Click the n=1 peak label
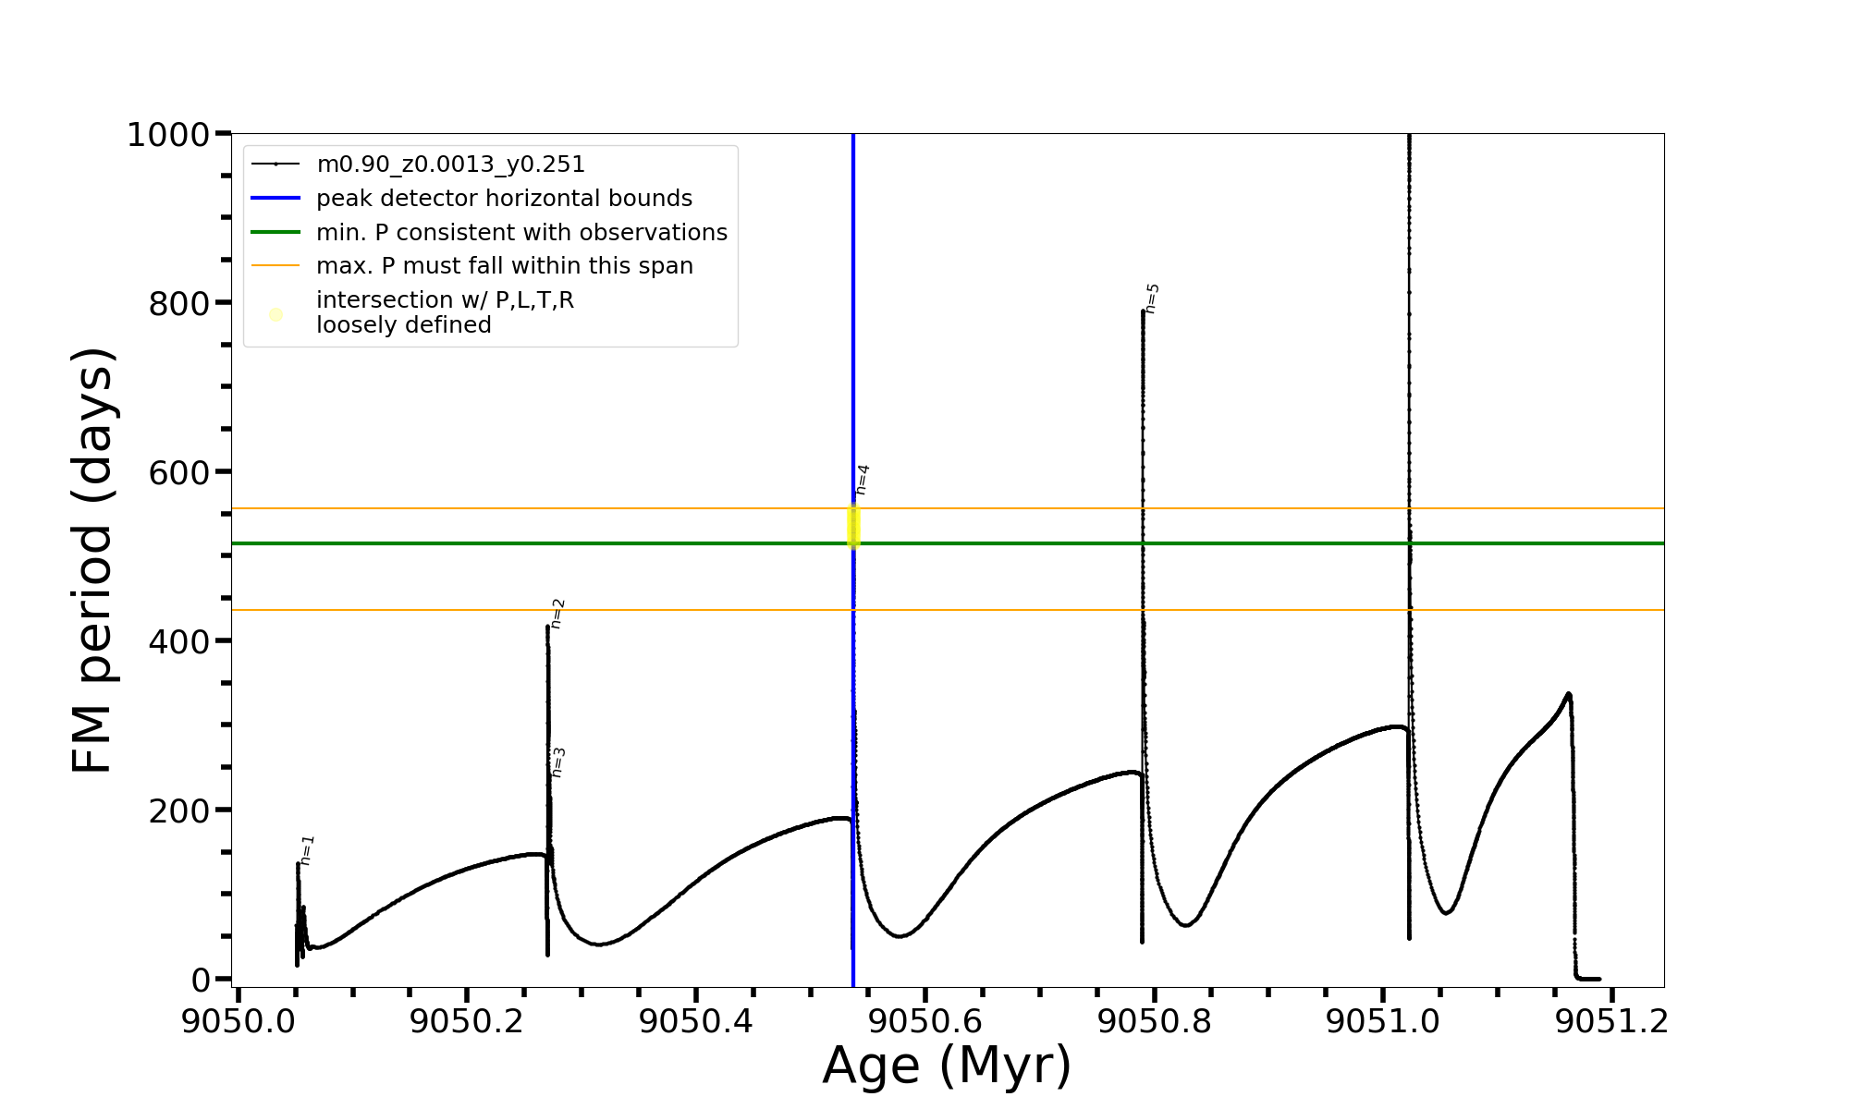pyautogui.click(x=308, y=850)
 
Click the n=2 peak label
pyautogui.click(x=557, y=614)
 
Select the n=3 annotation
pyautogui.click(x=557, y=762)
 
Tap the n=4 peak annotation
pyautogui.click(x=863, y=480)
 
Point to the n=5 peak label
pyautogui.click(x=1152, y=299)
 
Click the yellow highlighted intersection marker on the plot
pyautogui.click(x=854, y=526)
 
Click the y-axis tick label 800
pyautogui.click(x=178, y=303)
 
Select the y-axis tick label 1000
pyautogui.click(x=167, y=135)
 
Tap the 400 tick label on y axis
pyautogui.click(x=178, y=641)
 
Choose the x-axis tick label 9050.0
pyautogui.click(x=238, y=1021)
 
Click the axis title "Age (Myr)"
pyautogui.click(x=947, y=1066)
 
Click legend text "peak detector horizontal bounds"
pyautogui.click(x=504, y=199)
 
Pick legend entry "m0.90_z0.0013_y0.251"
pyautogui.click(x=450, y=165)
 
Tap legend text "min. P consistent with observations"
pyautogui.click(x=521, y=232)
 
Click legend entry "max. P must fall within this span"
pyautogui.click(x=504, y=266)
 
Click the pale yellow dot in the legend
pyautogui.click(x=276, y=314)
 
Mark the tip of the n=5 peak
pyautogui.click(x=1144, y=311)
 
